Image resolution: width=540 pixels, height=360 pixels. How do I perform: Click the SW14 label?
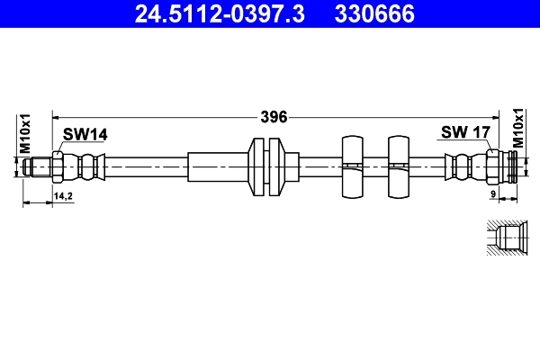tap(85, 134)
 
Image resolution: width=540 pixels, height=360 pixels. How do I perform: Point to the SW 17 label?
tap(464, 133)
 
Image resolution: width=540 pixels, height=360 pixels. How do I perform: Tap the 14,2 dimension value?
tap(62, 195)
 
